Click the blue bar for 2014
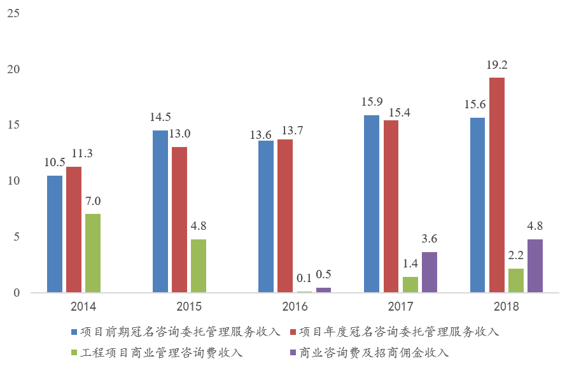coord(55,234)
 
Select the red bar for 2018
coord(497,185)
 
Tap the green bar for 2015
coord(199,266)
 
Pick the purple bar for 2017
coord(430,272)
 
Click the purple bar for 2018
coord(535,266)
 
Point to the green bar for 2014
coord(93,253)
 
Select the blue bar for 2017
coord(372,204)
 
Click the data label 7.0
coord(94,201)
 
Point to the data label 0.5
coord(323,276)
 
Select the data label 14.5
coord(160,118)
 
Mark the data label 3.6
coord(430,239)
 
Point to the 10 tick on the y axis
coord(13,181)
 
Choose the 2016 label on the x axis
coord(295,307)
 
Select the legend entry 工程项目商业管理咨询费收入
coord(162,352)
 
